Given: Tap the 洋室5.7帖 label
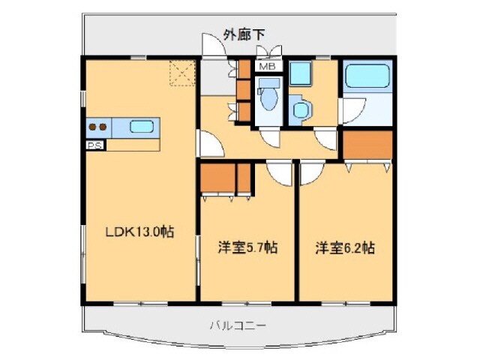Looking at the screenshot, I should click(x=247, y=247).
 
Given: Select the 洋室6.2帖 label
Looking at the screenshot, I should click(x=345, y=247).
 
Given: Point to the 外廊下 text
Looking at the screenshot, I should click(x=244, y=33).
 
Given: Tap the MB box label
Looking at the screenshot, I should click(x=266, y=67).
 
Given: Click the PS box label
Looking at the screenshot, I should click(x=94, y=145).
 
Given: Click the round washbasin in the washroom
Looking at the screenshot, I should click(x=301, y=110).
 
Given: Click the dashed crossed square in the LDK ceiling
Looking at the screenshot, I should click(x=180, y=73).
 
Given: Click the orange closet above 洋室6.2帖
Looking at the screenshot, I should click(x=367, y=144).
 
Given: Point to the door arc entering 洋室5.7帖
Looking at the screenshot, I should click(x=279, y=172).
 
